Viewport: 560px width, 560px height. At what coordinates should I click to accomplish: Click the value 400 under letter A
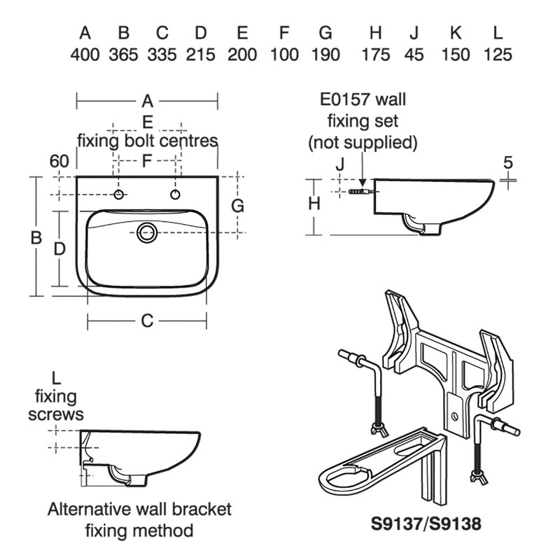[x=85, y=55]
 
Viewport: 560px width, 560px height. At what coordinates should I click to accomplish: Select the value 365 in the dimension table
[x=123, y=55]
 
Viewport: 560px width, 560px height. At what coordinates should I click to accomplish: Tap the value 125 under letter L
[x=498, y=55]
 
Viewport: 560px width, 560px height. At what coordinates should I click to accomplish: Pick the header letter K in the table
[x=456, y=32]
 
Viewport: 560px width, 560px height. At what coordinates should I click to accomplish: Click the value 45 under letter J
[x=414, y=55]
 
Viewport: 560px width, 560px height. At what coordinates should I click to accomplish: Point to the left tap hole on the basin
[x=120, y=194]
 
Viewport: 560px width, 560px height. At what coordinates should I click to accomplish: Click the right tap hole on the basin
[x=175, y=194]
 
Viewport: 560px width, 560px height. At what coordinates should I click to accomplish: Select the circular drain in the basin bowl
[x=147, y=232]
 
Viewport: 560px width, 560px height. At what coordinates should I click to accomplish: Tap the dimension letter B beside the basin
[x=36, y=238]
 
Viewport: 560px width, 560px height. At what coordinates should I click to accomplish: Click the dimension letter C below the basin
[x=147, y=321]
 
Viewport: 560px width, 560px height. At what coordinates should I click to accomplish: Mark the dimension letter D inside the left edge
[x=60, y=248]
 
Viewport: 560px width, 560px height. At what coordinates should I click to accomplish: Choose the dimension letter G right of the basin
[x=237, y=206]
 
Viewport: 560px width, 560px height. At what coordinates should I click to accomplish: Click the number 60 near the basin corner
[x=59, y=161]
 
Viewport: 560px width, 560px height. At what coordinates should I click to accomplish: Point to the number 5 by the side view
[x=508, y=162]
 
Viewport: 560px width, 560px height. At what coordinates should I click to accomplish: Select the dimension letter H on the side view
[x=314, y=204]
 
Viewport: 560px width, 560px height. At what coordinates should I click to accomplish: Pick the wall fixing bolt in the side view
[x=357, y=190]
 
